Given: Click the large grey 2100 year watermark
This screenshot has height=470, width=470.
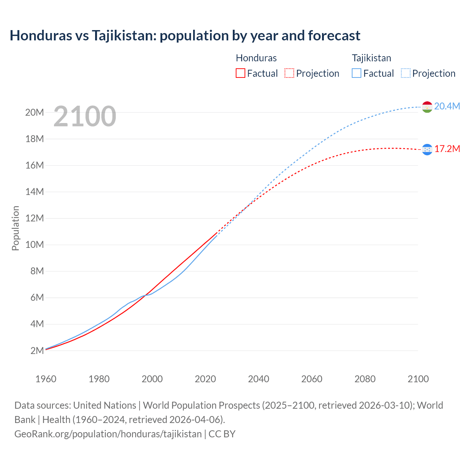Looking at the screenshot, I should (x=85, y=116).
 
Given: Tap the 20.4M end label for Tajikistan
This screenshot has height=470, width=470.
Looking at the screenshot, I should (x=447, y=106).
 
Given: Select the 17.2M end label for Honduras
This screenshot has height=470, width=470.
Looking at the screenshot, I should (x=447, y=149).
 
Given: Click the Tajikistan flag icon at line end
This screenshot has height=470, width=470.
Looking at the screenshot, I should (x=427, y=107).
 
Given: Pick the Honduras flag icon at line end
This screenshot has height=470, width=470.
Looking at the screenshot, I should (x=427, y=149).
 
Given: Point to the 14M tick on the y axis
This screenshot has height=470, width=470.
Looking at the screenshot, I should (x=35, y=192).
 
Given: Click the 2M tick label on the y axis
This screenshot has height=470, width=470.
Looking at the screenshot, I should (x=37, y=351).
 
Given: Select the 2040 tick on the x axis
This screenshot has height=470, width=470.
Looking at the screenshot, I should (x=258, y=379).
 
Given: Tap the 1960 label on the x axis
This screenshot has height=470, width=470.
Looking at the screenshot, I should (x=46, y=379).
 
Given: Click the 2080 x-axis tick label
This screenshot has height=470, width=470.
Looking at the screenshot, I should (x=365, y=379).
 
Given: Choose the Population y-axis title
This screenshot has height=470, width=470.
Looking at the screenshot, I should (x=15, y=228).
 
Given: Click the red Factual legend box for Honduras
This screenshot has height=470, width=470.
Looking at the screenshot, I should (x=240, y=73).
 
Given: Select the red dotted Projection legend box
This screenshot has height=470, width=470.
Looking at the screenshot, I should (x=289, y=73).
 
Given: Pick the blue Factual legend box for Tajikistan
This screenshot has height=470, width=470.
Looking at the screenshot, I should (x=356, y=73).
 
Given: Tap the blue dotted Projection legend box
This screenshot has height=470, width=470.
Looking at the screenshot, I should (x=405, y=73).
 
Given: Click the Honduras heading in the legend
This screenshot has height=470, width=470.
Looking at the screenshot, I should (x=256, y=58).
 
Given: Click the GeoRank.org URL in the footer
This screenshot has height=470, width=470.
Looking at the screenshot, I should (x=108, y=434).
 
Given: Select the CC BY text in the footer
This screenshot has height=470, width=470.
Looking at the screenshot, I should (x=222, y=434).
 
